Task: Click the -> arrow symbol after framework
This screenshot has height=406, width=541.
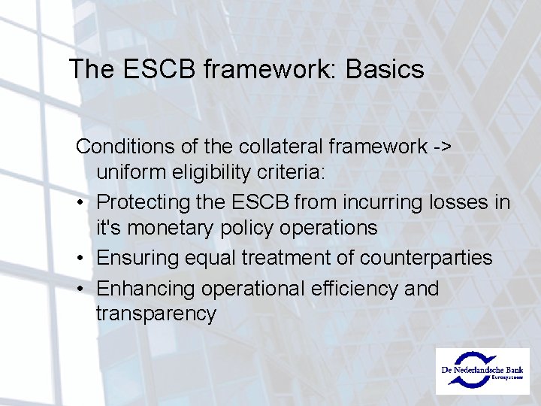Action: click(441, 144)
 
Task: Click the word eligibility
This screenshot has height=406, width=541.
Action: click(212, 173)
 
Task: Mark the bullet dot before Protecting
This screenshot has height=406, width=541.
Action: click(80, 203)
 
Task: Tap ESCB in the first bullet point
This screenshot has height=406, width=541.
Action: click(262, 202)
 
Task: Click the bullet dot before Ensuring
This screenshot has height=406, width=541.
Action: click(80, 259)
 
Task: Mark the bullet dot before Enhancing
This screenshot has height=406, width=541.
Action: click(80, 289)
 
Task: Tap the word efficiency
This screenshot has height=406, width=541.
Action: click(349, 288)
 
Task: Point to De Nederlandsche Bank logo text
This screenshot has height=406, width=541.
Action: click(484, 371)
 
